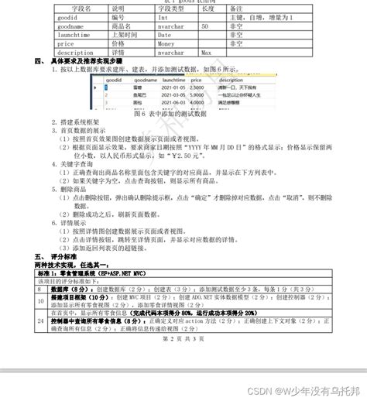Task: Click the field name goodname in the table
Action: coord(70,26)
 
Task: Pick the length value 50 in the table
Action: coord(204,26)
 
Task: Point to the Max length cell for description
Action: coord(206,53)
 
